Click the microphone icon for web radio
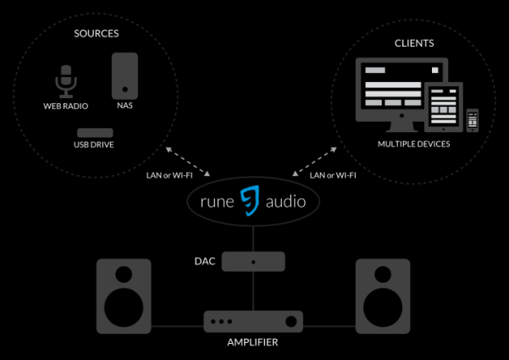[x=66, y=82]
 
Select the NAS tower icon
[x=124, y=75]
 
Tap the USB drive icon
[x=94, y=133]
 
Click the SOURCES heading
[x=95, y=34]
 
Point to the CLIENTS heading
[x=414, y=42]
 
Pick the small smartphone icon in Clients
[x=473, y=119]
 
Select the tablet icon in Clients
[x=445, y=108]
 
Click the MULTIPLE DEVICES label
[x=414, y=144]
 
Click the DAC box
[x=253, y=262]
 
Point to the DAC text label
[x=205, y=262]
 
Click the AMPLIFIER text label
[x=253, y=343]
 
